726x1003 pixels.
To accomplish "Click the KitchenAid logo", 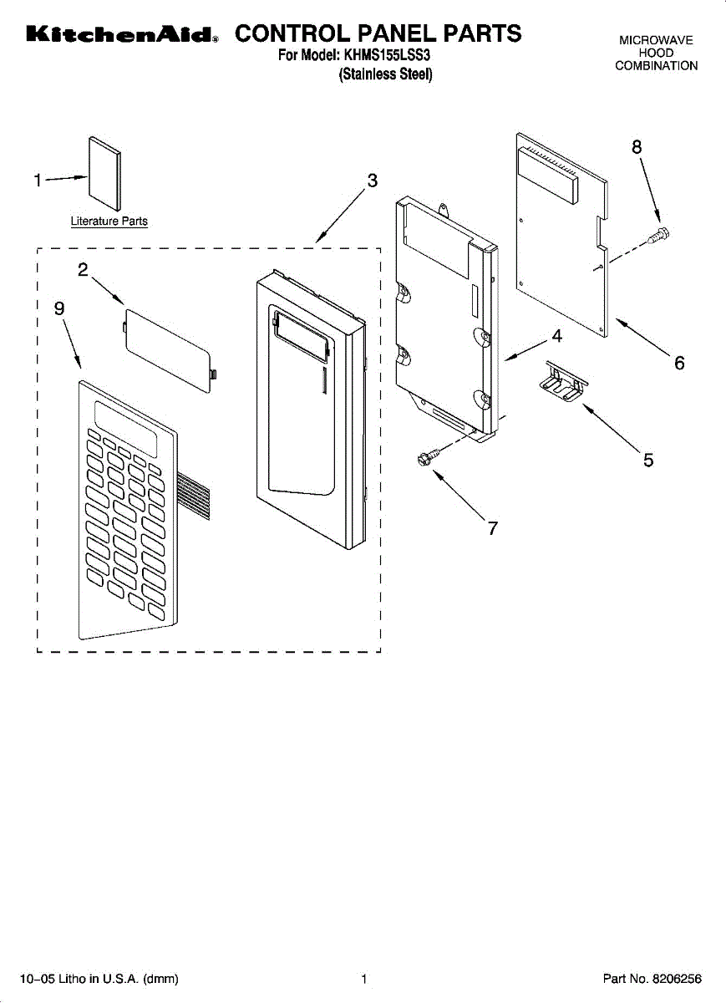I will tap(122, 35).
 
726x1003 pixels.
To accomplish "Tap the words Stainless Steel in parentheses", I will tap(385, 74).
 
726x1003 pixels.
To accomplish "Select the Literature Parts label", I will tap(109, 221).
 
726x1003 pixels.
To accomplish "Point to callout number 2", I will tap(83, 269).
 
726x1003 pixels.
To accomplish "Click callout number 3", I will tap(372, 180).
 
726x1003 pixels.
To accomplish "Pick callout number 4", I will tap(556, 337).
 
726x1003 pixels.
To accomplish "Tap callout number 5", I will tap(648, 460).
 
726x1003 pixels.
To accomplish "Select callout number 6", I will tap(679, 363).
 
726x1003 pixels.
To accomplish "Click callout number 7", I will tap(493, 528).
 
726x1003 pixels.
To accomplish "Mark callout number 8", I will tap(637, 146).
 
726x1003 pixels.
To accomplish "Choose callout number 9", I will tap(59, 308).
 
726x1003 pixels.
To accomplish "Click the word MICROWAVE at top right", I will tap(656, 40).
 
